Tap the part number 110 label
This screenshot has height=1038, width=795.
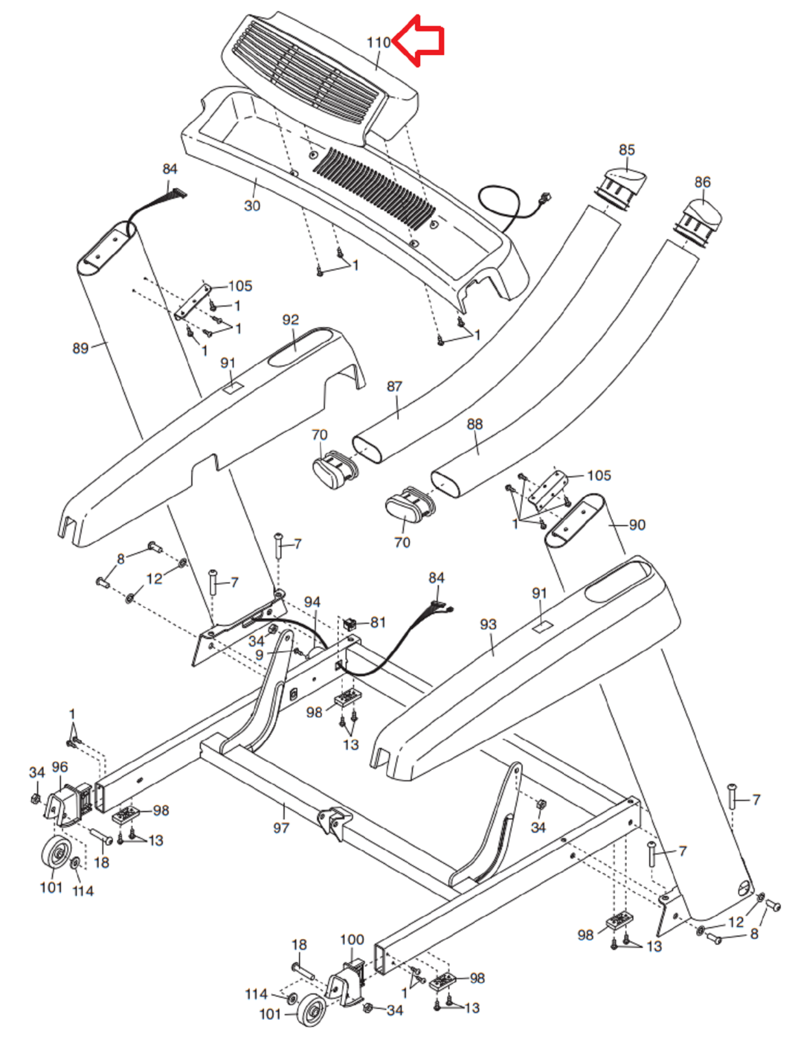[x=379, y=43]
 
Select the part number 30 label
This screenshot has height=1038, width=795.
[x=252, y=206]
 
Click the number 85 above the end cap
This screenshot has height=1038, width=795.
[x=627, y=150]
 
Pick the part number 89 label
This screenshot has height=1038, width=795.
[x=80, y=348]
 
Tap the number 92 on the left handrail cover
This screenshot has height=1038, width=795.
[x=291, y=320]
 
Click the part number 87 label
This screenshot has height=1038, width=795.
[x=394, y=386]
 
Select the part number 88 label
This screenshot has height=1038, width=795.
[x=475, y=424]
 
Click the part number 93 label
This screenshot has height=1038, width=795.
[x=488, y=624]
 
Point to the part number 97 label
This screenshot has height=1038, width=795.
[x=281, y=828]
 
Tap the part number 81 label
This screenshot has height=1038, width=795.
[x=377, y=622]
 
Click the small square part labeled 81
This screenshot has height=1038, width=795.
[x=350, y=623]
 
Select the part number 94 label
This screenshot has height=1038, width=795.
[x=312, y=602]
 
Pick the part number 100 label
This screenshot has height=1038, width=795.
[x=352, y=939]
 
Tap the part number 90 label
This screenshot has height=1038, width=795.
[x=637, y=525]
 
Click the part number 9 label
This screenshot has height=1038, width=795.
[x=259, y=655]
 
